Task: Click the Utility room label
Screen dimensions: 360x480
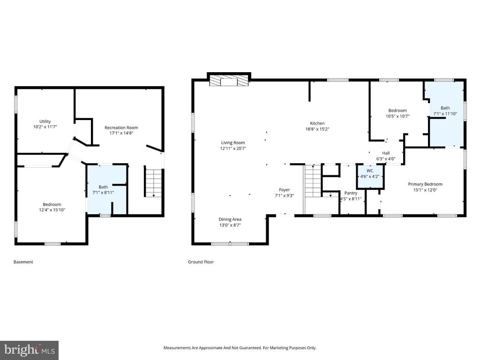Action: pos(45,121)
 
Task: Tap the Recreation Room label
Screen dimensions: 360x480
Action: pos(121,127)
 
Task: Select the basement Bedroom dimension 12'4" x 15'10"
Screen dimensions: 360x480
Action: pos(52,210)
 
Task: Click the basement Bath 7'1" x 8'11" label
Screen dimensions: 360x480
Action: pos(103,187)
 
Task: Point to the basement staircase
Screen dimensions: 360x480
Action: pos(153,181)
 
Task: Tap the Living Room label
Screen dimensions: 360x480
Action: pos(233,143)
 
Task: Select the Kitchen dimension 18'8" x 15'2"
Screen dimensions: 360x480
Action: pos(317,129)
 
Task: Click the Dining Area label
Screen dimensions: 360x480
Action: pos(230,219)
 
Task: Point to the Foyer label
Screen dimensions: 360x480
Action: pos(284,190)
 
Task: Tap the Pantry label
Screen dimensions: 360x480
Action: pos(351,193)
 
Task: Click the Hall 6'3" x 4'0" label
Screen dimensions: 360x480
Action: pos(386,153)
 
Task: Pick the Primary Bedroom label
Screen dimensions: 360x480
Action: pos(425,184)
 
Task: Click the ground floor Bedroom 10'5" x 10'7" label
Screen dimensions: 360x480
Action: pos(396,111)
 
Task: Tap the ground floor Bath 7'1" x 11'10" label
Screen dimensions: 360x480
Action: pos(445,107)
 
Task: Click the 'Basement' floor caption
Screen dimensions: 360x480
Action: pos(23,262)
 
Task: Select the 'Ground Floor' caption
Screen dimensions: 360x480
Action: pos(201,262)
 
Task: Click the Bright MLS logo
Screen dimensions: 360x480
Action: pos(29,350)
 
